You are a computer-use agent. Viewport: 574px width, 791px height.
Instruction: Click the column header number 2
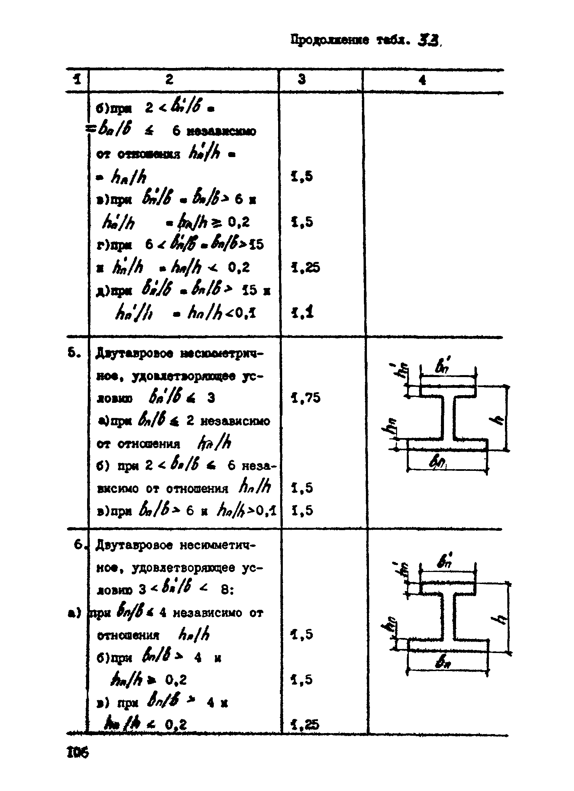169,79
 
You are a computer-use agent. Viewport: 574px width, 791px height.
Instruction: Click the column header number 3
302,79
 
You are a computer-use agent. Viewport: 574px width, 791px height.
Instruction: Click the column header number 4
423,81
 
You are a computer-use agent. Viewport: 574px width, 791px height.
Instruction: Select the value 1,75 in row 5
306,398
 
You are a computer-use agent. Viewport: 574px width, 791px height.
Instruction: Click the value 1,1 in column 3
302,312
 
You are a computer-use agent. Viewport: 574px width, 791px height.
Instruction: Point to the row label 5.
74,353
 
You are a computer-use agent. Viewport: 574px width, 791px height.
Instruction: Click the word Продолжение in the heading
329,41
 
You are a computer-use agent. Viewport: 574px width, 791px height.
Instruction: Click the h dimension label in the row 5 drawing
500,420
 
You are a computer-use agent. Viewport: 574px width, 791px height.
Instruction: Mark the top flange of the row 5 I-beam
448,391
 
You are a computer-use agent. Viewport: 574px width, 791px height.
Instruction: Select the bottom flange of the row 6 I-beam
448,645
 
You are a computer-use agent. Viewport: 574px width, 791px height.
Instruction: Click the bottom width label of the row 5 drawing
438,463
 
